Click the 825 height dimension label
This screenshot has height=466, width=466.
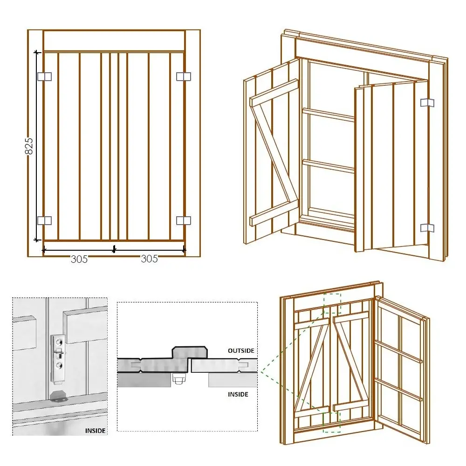[28, 145]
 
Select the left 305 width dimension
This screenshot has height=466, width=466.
[79, 259]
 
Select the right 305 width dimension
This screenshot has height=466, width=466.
[150, 259]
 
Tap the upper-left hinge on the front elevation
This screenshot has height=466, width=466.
[44, 76]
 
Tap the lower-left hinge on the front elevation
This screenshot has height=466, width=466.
[44, 220]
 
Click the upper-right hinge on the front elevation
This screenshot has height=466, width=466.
[184, 76]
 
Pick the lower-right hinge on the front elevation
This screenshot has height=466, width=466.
[184, 220]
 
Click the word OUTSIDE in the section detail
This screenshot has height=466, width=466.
[241, 350]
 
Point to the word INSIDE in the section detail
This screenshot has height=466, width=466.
[238, 394]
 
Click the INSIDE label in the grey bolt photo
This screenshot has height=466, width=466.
[95, 431]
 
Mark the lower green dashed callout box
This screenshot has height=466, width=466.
[331, 421]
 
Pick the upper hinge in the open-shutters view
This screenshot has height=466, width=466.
[427, 103]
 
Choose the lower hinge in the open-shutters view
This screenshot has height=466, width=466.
[427, 227]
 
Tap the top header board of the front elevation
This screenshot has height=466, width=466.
[114, 41]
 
